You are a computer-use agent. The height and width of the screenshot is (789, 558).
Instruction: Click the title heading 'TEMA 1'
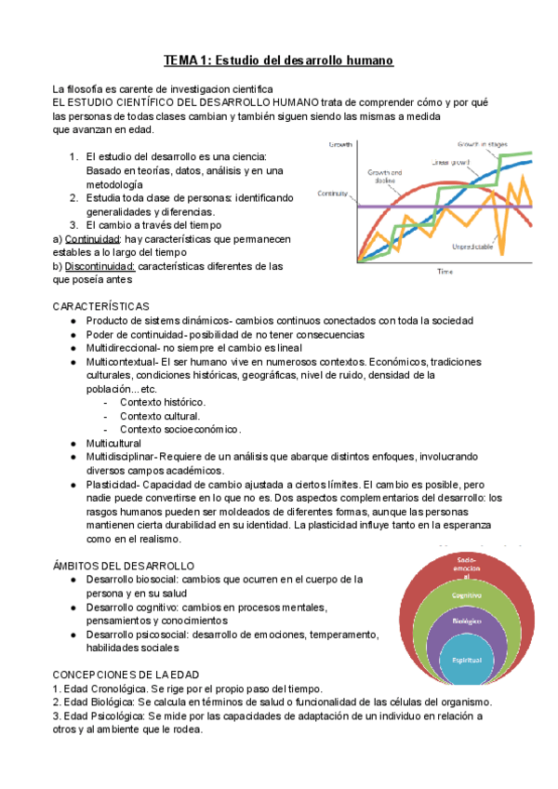[x=279, y=60]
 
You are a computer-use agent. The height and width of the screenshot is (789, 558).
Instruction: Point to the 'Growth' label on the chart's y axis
[x=341, y=145]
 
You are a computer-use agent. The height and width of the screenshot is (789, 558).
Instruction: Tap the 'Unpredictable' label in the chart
[x=473, y=247]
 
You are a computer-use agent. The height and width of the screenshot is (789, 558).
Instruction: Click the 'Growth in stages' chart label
[x=481, y=144]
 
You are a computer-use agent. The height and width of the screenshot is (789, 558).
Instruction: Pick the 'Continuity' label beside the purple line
[x=332, y=194]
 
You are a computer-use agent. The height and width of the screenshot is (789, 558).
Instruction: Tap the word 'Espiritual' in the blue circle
[x=467, y=659]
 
